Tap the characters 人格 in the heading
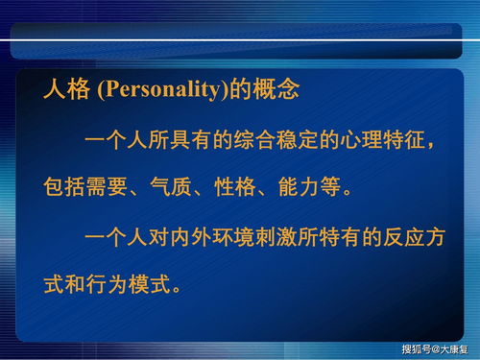[67, 91]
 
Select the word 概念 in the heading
[277, 91]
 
